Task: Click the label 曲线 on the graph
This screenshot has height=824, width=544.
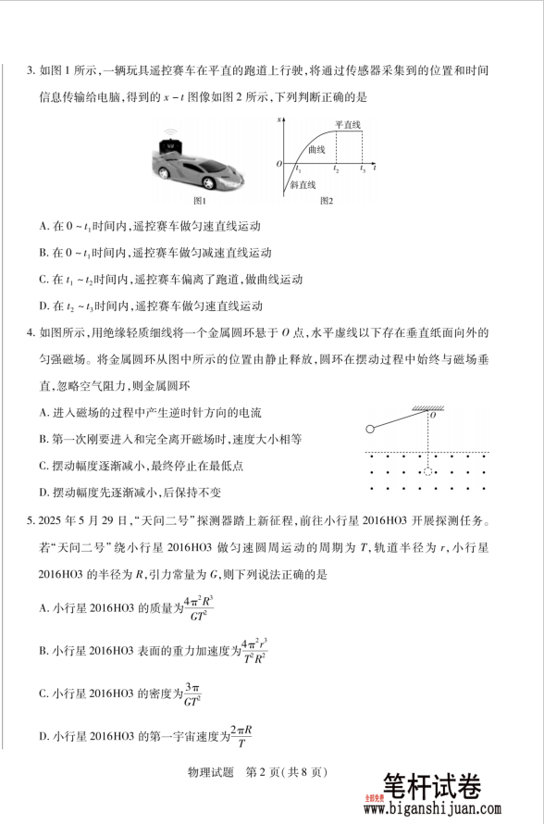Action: point(316,148)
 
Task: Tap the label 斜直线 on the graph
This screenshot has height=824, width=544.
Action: point(303,184)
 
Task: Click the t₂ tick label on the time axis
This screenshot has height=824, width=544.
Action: point(336,170)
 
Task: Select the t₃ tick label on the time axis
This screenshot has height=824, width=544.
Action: point(363,170)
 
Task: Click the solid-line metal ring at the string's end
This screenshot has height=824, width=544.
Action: point(370,429)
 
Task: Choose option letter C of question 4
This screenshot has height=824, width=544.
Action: point(44,466)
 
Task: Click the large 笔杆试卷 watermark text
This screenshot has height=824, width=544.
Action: point(431,786)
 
